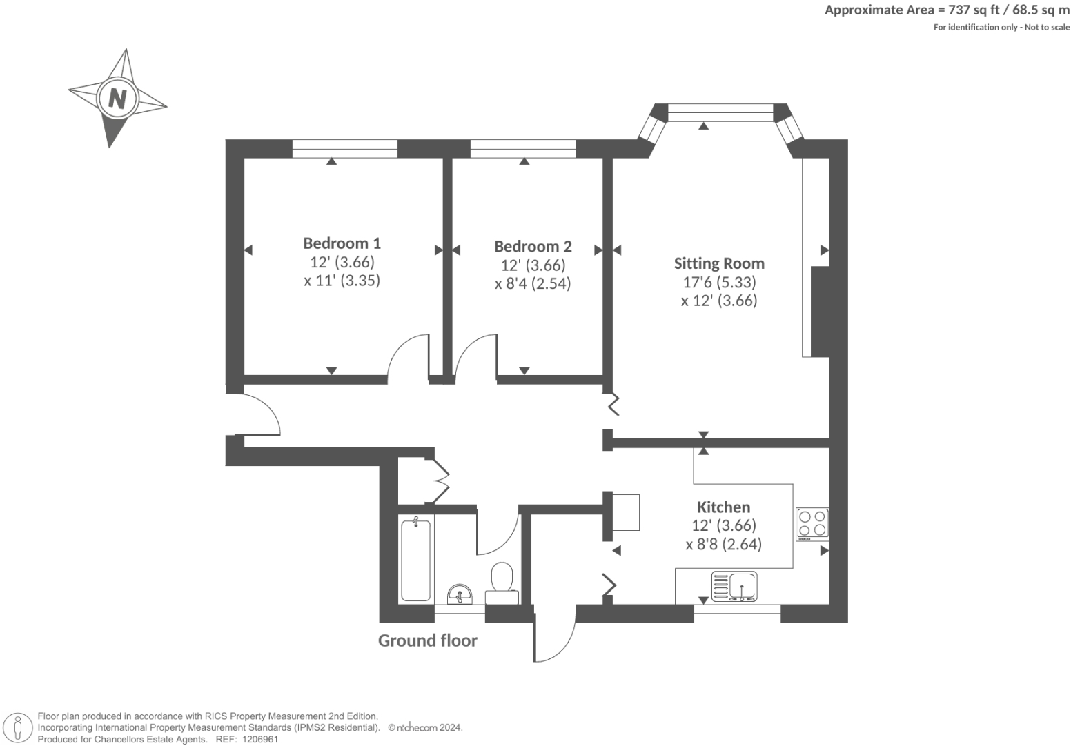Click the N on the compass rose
(x=117, y=99)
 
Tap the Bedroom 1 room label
(x=342, y=243)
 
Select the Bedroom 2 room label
(x=533, y=247)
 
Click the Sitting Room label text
(x=718, y=263)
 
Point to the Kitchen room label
(x=723, y=507)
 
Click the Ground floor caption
(x=427, y=640)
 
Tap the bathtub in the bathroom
(x=416, y=560)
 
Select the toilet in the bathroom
(x=502, y=579)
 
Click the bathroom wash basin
(x=460, y=594)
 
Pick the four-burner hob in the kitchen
(x=812, y=523)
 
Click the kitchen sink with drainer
(x=734, y=587)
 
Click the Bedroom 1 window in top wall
(x=344, y=148)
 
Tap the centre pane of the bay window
(x=720, y=112)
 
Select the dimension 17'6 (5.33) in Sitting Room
(x=719, y=282)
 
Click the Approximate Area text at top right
(x=947, y=10)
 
